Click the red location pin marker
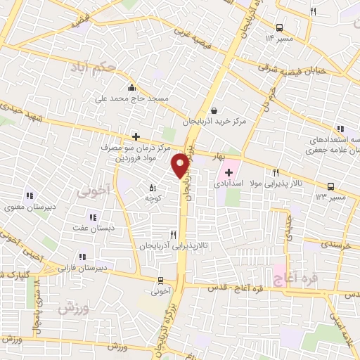(x=181, y=165)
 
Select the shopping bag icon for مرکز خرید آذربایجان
(x=214, y=110)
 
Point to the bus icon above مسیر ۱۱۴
(x=280, y=27)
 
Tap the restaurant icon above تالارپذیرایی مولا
(x=276, y=172)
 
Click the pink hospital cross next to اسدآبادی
(x=230, y=172)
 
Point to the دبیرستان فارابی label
(x=82, y=268)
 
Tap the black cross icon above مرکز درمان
(x=136, y=136)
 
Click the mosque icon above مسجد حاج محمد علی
(x=131, y=89)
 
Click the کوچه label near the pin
(x=153, y=199)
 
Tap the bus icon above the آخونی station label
(x=161, y=278)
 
